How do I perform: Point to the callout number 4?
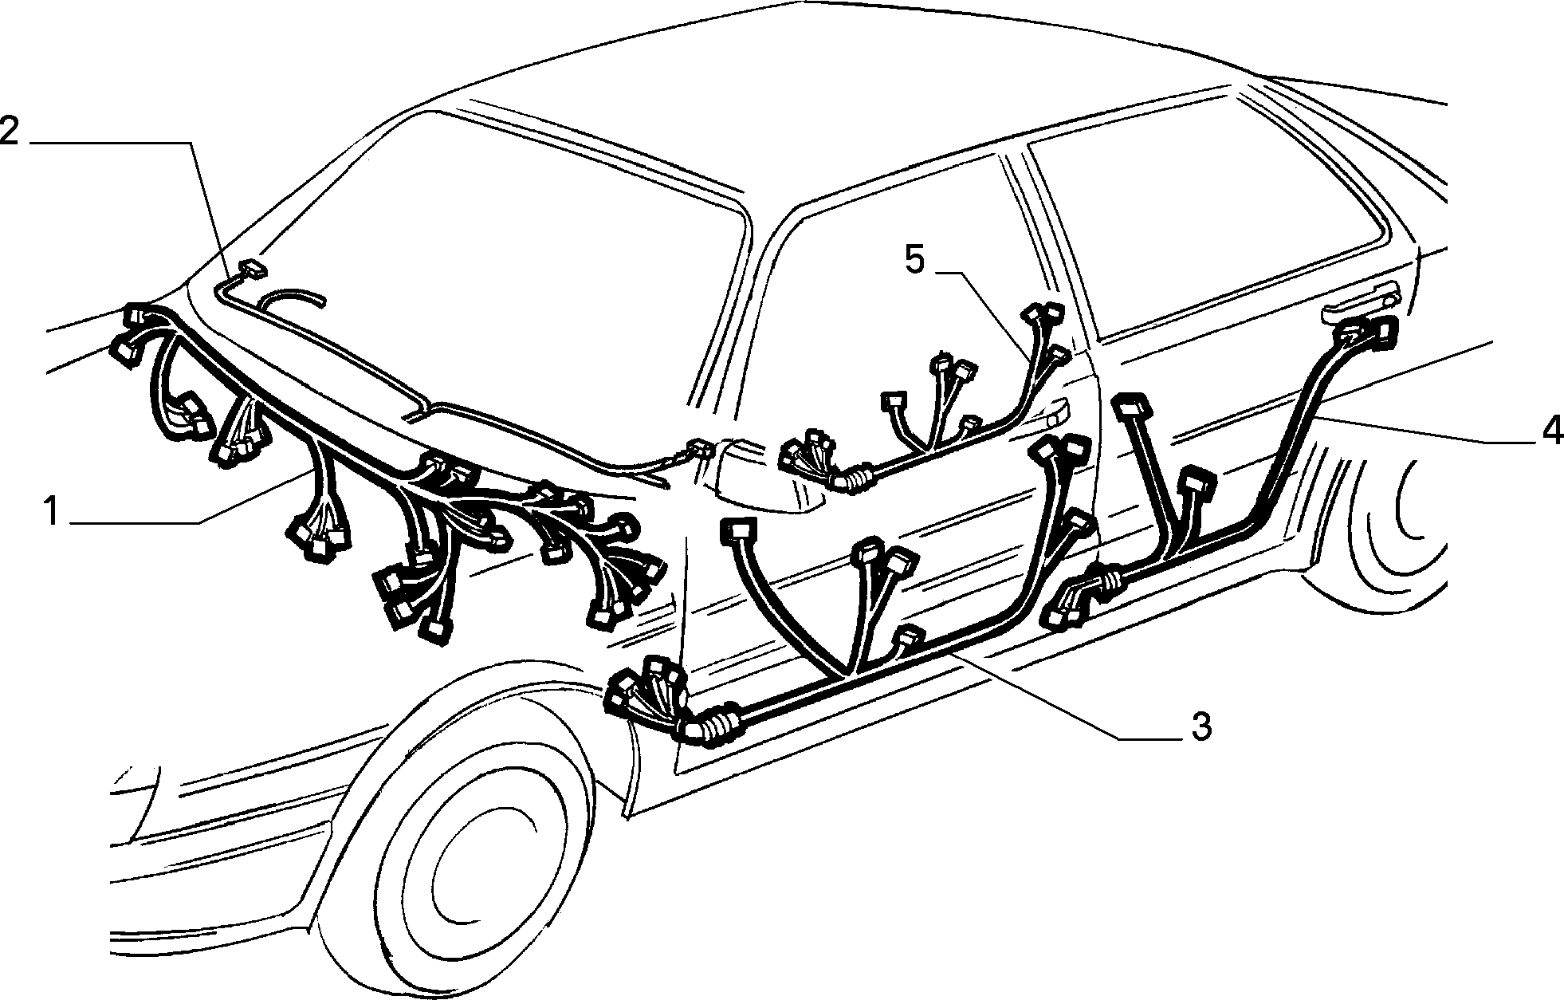(1550, 431)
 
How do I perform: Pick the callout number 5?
(916, 260)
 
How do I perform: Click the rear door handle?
(1359, 305)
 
